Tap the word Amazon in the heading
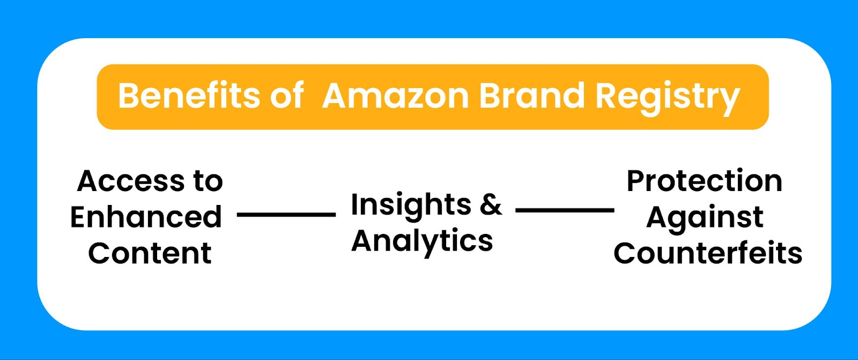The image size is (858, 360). [395, 95]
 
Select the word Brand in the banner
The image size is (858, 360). [532, 95]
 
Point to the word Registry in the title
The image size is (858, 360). [668, 98]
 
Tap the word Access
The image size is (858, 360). [131, 181]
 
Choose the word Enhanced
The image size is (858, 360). [146, 217]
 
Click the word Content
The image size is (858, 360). [150, 253]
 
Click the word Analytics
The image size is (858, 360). [422, 241]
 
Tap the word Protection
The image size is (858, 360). [705, 181]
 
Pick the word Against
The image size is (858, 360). [705, 218]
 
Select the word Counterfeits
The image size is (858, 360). [708, 253]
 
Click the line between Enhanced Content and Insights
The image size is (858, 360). [286, 215]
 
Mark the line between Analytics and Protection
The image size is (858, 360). [565, 210]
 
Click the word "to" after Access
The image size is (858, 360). [208, 181]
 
